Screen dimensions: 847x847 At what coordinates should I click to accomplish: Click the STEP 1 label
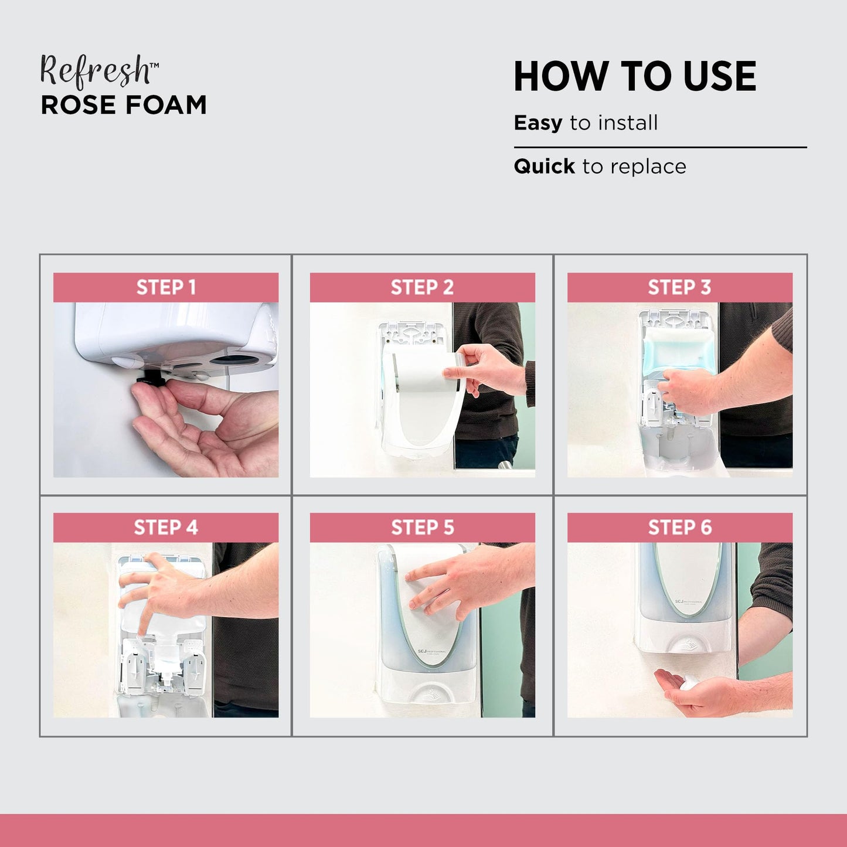[166, 287]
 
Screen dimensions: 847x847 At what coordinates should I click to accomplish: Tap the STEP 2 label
[422, 287]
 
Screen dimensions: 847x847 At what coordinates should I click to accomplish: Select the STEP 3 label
[679, 287]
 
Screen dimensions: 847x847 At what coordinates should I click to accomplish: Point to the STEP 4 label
[166, 528]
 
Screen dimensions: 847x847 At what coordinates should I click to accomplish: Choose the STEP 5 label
[423, 528]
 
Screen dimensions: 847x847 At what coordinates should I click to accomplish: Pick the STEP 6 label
[680, 528]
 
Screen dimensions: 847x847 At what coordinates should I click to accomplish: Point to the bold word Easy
[538, 124]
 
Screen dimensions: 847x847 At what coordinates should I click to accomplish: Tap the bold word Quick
[544, 166]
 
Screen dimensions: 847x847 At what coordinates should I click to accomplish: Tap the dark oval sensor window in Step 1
[234, 360]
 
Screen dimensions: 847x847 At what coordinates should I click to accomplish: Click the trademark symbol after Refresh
[154, 65]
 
